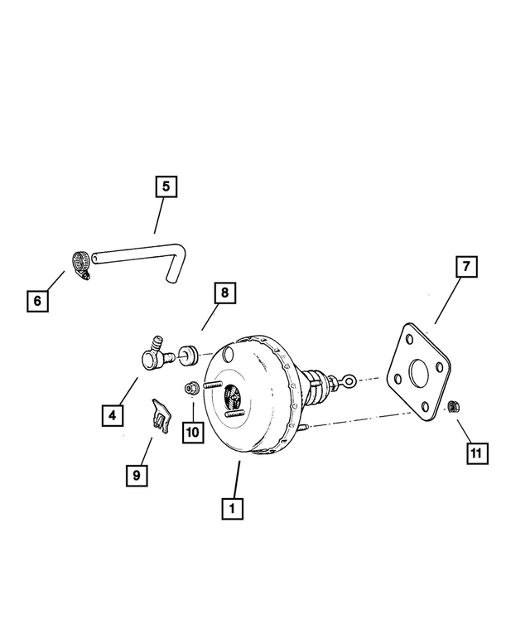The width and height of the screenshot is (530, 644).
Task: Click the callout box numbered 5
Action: click(x=166, y=186)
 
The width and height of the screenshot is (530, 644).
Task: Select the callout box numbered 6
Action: click(x=37, y=301)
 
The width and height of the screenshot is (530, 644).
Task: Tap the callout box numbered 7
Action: click(x=466, y=267)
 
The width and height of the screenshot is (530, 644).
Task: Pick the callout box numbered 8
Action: click(x=224, y=293)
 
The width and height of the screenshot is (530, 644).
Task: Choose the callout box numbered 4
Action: click(x=113, y=415)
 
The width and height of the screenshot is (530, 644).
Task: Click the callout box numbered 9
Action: click(x=137, y=476)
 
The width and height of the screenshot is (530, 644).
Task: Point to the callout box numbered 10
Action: click(x=193, y=432)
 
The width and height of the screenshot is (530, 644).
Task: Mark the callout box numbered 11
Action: click(x=478, y=453)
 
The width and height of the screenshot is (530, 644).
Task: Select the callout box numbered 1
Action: click(x=232, y=509)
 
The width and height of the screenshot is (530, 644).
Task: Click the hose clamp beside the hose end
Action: click(x=81, y=264)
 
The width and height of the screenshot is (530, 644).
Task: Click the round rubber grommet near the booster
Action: click(x=188, y=355)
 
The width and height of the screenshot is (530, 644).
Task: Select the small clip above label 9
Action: click(x=161, y=415)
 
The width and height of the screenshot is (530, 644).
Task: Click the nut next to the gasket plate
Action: click(x=454, y=407)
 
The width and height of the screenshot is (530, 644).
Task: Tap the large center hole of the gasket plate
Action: click(x=419, y=373)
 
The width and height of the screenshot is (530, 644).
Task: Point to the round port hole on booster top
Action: click(x=228, y=354)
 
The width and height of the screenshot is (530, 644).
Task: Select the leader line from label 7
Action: click(x=448, y=301)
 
